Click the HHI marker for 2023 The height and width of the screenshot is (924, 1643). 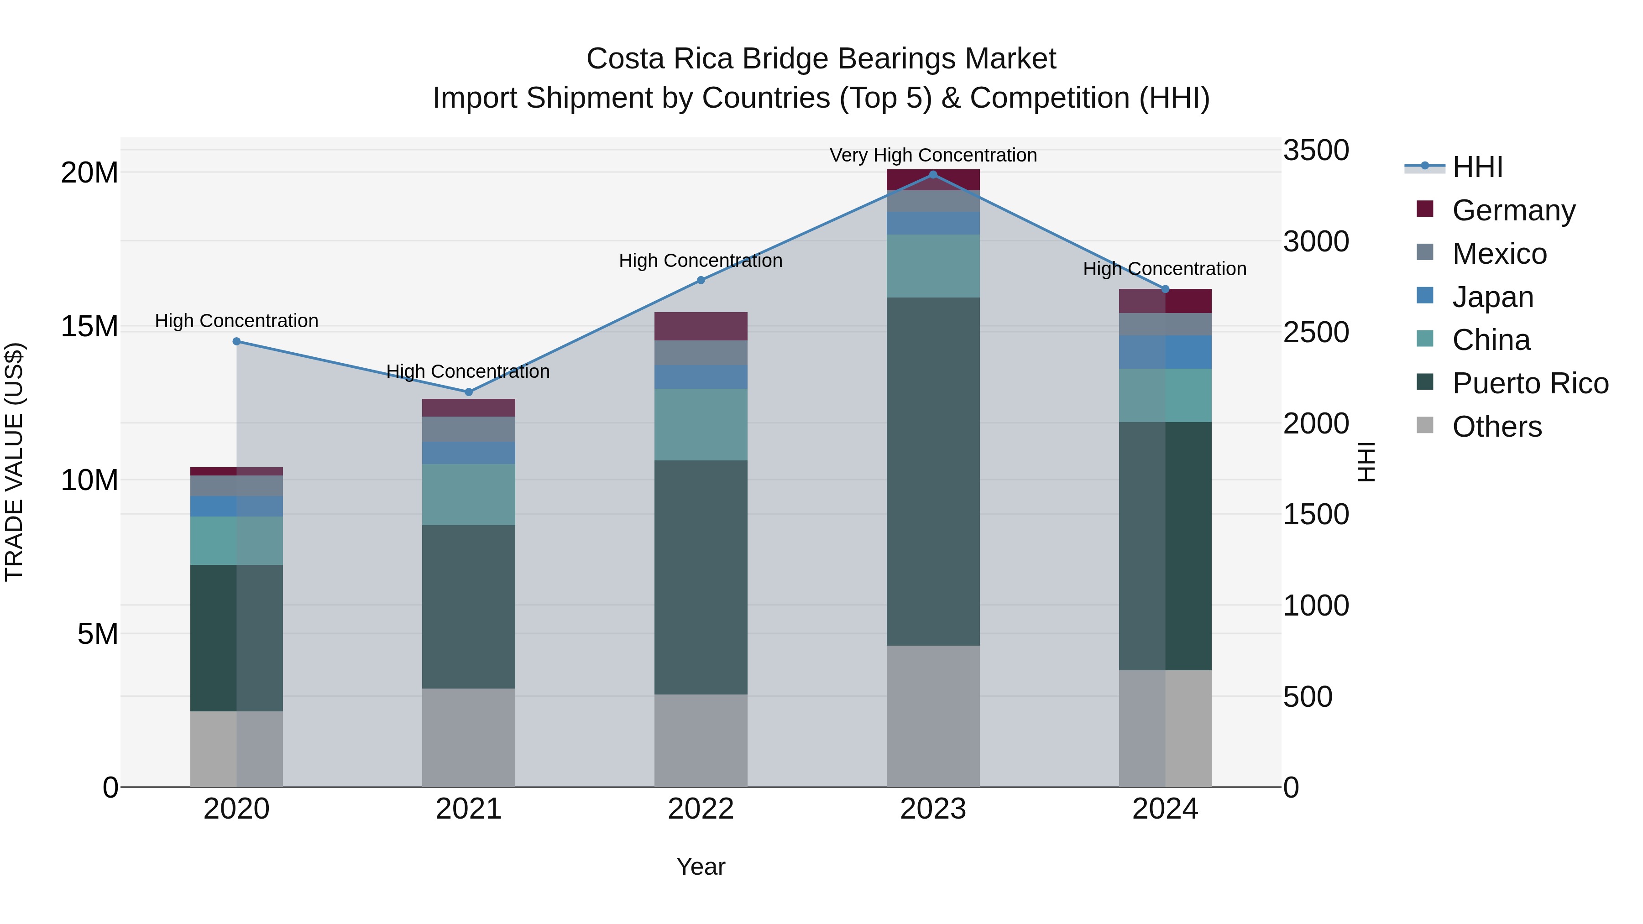(933, 175)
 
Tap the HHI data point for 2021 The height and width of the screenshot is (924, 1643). (469, 392)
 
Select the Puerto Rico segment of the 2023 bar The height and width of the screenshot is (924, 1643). (933, 472)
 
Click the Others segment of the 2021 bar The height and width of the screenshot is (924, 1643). (469, 738)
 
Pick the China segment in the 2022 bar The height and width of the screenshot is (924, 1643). (701, 425)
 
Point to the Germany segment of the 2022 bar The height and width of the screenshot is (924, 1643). (701, 327)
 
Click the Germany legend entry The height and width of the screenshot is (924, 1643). (1513, 210)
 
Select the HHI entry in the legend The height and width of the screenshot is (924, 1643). (1477, 167)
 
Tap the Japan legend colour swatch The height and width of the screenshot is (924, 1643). (1425, 296)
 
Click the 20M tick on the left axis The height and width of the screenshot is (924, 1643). (89, 173)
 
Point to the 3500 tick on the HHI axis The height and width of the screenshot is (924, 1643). (1316, 151)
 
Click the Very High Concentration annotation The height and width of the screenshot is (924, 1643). (933, 156)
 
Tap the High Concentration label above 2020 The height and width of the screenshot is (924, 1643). (236, 321)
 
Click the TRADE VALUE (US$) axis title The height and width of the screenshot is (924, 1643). (14, 462)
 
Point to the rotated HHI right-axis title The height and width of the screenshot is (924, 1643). (1366, 462)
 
